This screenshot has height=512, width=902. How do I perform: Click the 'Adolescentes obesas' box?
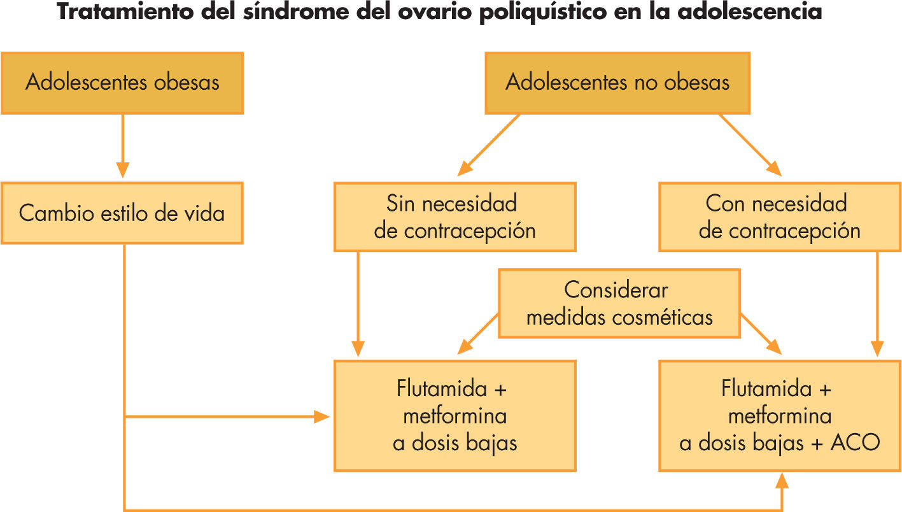(122, 83)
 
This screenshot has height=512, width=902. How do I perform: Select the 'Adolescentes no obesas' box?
(617, 83)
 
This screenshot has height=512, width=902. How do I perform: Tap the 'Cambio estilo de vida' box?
(122, 213)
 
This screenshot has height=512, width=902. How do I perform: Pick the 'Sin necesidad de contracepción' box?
(455, 217)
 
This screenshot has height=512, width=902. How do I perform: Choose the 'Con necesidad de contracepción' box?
(779, 217)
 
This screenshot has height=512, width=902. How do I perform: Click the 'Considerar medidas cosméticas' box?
(619, 303)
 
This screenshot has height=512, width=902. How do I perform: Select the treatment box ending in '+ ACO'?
(779, 416)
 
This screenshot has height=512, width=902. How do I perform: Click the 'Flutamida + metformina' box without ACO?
(455, 416)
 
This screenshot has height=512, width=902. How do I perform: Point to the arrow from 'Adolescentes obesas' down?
(123, 146)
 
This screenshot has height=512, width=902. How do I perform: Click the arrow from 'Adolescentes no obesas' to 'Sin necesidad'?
(489, 145)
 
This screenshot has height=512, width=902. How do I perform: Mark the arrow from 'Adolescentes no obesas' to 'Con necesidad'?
(750, 145)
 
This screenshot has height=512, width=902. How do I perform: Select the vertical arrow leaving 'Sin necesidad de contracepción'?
(358, 303)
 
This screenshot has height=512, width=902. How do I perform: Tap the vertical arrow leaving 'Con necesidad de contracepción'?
(878, 303)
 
